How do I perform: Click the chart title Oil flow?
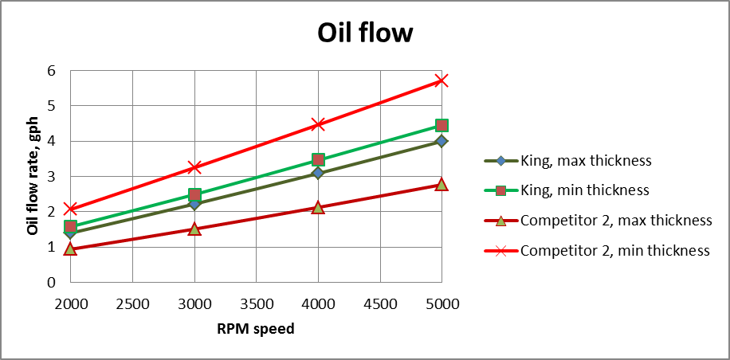click(365, 33)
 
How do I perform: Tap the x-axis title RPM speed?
click(255, 328)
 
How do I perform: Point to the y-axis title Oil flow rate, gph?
click(33, 176)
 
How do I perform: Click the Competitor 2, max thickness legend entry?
click(615, 221)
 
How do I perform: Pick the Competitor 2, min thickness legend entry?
click(614, 250)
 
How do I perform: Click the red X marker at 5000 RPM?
click(442, 80)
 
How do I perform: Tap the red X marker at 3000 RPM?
click(194, 167)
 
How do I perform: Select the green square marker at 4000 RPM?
click(318, 160)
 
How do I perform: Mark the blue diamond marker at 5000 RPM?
click(442, 141)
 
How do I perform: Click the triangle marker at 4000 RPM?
click(318, 207)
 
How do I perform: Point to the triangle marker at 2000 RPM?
click(70, 249)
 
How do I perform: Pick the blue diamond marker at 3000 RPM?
click(194, 204)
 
